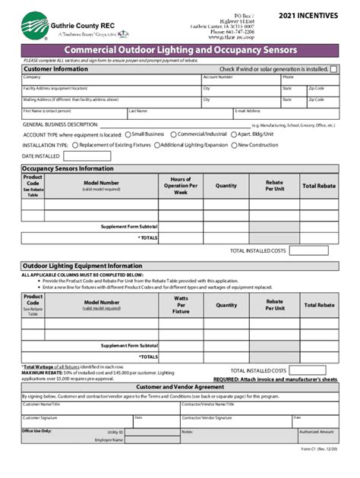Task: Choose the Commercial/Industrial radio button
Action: pos(172,134)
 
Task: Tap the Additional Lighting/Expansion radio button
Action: pos(156,144)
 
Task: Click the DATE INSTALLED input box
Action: pos(87,156)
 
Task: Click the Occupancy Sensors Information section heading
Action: pos(68,168)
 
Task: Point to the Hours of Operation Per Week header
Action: pos(181,186)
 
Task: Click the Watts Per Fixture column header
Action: pos(181,305)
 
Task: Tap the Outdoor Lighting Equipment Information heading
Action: pos(81,266)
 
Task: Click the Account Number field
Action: pos(239,80)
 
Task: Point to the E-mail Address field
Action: pos(285,115)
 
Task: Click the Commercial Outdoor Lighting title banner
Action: pos(180,50)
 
